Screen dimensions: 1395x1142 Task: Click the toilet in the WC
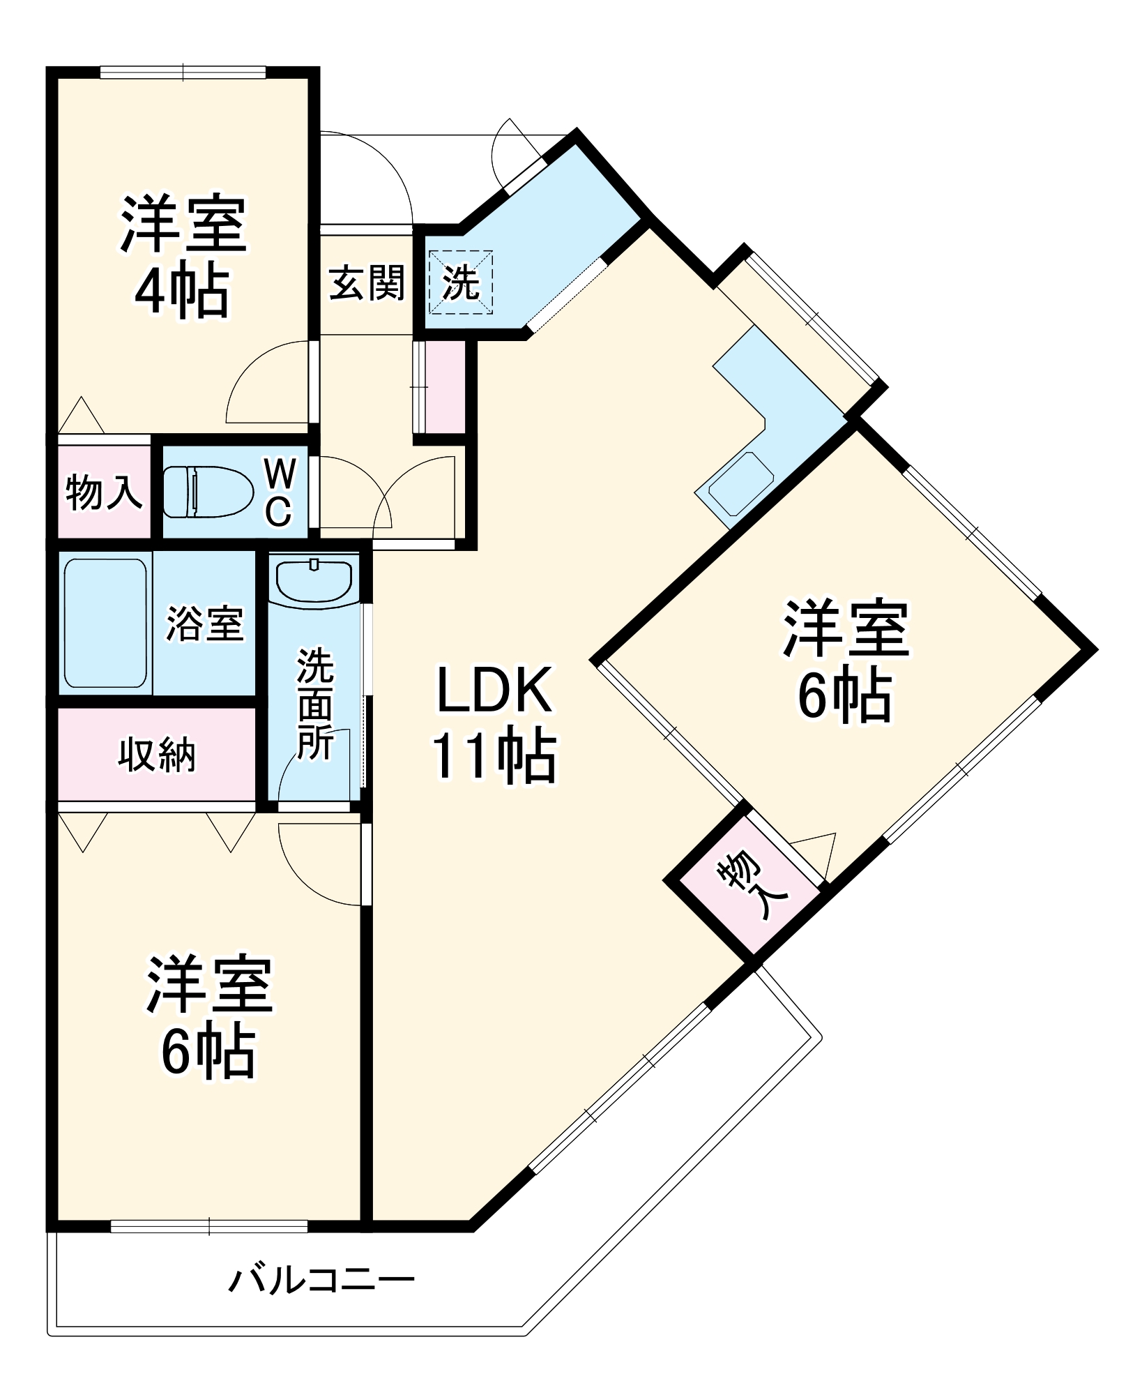(x=208, y=492)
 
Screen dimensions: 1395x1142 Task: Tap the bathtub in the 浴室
(x=105, y=623)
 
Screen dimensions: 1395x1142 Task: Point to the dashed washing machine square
(x=460, y=282)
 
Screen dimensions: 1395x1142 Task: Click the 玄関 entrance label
(x=367, y=283)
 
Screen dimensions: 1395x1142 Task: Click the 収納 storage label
(x=157, y=755)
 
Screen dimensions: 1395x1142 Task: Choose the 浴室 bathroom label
(x=204, y=624)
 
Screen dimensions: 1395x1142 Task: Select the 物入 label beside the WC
(x=104, y=492)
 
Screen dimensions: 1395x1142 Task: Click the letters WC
(x=280, y=492)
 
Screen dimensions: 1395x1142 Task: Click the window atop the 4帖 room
(x=183, y=73)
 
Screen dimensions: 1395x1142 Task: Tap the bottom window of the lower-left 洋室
(x=209, y=1226)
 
